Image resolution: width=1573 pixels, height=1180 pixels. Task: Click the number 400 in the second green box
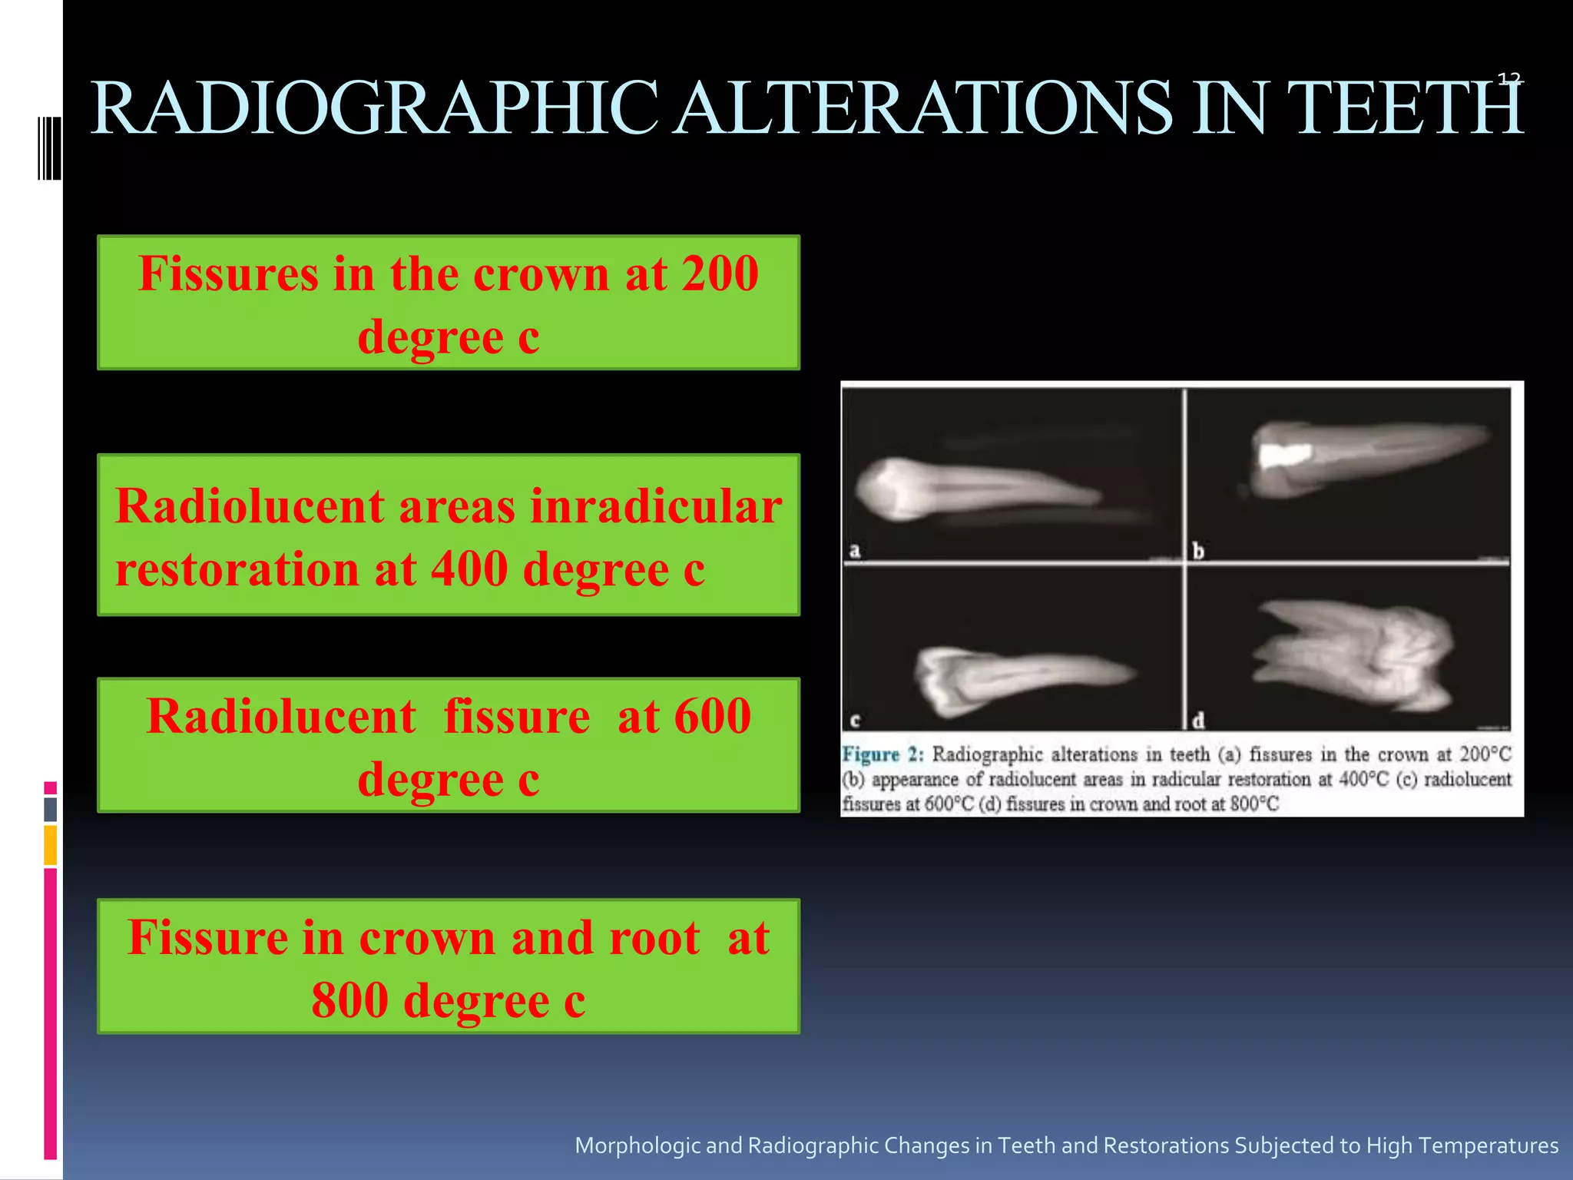tap(469, 569)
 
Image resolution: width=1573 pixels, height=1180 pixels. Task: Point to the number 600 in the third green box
tap(712, 716)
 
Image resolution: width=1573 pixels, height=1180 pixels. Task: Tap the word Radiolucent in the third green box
tap(281, 716)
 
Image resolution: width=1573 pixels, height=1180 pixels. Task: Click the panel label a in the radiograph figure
tap(855, 551)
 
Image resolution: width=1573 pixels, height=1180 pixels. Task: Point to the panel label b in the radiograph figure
tap(1198, 551)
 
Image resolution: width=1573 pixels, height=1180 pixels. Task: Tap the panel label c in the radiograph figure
tap(855, 721)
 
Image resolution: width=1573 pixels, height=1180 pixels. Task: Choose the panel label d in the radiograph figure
tap(1198, 721)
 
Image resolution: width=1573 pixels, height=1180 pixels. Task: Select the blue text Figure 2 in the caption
tap(883, 754)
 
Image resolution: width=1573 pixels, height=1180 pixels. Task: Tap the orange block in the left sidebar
tap(50, 845)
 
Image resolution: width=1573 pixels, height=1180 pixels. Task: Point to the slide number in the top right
tap(1509, 78)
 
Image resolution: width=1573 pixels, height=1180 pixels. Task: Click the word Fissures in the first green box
tap(228, 273)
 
